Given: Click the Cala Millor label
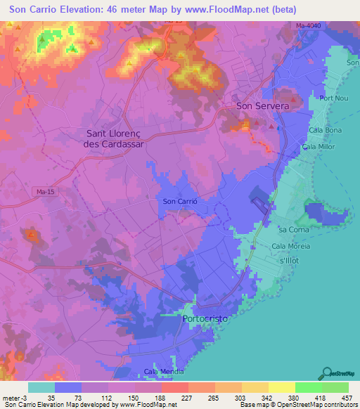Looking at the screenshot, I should tap(318, 147).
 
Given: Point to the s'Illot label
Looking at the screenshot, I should tap(291, 261).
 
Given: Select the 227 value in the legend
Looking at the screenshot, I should tap(167, 397).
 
